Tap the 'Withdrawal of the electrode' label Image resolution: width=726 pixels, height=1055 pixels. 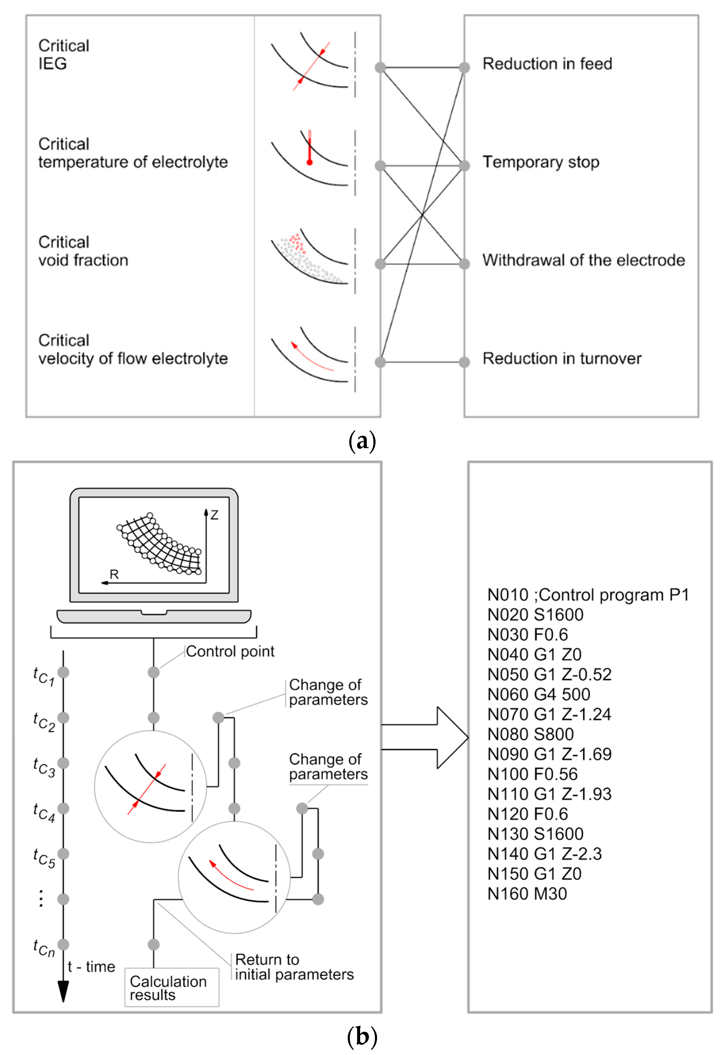[583, 260]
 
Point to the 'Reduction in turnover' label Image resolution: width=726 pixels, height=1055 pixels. [561, 358]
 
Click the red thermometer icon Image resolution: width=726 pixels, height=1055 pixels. [309, 148]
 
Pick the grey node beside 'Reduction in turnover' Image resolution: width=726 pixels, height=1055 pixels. [464, 362]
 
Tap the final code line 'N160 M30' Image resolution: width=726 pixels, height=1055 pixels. [527, 894]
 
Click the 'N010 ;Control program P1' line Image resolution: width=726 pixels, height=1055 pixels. [588, 595]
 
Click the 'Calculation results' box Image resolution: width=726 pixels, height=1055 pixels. [171, 987]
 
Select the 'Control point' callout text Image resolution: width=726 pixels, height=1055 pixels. [230, 651]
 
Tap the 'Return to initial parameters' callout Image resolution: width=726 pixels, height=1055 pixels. [294, 967]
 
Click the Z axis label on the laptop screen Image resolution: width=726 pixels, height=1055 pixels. [214, 515]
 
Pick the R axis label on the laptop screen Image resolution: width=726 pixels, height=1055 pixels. [114, 574]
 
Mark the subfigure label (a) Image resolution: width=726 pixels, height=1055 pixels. [362, 441]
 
